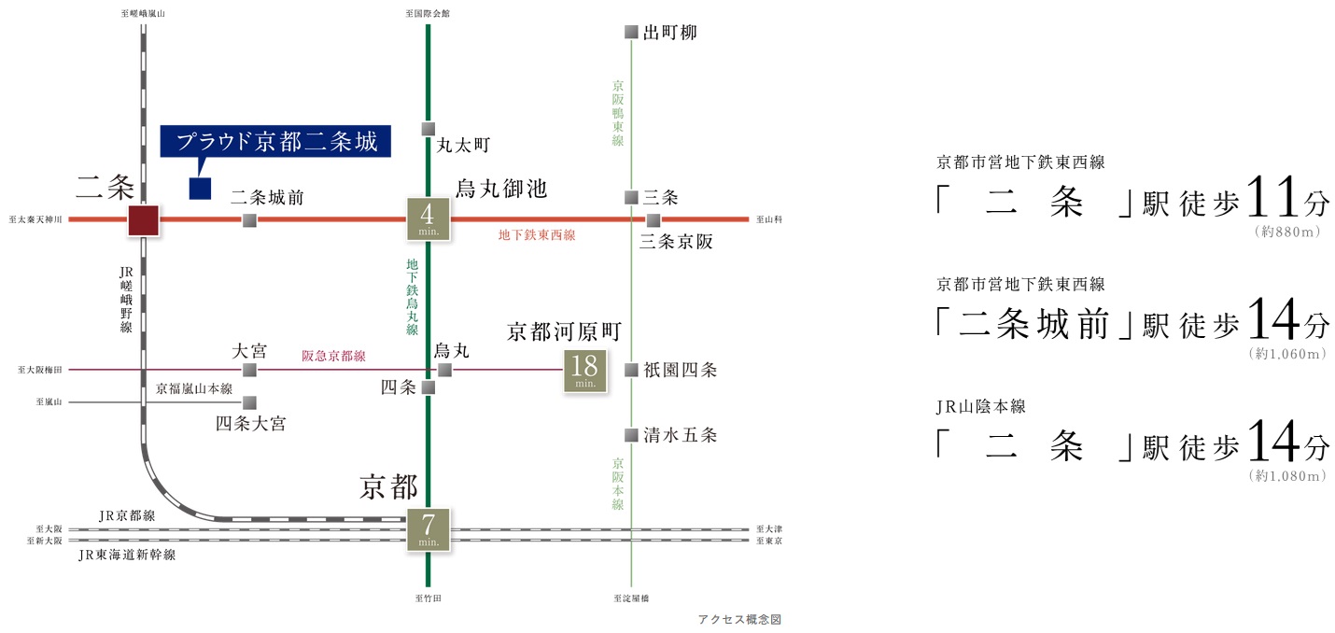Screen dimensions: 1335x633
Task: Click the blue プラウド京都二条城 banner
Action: coord(275,141)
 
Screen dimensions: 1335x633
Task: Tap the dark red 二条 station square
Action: coord(144,220)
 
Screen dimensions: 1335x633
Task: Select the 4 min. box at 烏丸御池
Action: coord(428,219)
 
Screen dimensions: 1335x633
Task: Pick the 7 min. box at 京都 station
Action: coord(428,530)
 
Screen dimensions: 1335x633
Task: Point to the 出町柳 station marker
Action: coord(631,32)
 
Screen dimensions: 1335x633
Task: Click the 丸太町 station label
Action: coord(463,145)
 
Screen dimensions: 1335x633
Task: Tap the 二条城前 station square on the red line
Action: coord(249,220)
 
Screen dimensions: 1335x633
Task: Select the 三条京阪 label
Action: coord(676,242)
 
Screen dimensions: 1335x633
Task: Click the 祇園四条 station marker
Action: coord(631,370)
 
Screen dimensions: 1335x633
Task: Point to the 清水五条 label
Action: coord(680,435)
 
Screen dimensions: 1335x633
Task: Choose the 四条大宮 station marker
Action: coord(249,403)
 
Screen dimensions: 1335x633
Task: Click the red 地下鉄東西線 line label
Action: coord(537,235)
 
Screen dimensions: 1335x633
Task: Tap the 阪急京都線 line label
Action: coord(333,356)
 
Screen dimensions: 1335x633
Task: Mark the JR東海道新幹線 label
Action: coord(127,555)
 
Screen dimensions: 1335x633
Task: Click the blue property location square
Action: coord(200,189)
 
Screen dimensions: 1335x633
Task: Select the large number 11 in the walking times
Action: coord(1272,197)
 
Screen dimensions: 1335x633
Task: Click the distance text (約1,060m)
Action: coord(1287,354)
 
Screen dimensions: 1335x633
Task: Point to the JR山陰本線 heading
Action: coord(980,406)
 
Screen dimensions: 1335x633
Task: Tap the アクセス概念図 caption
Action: coord(739,619)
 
